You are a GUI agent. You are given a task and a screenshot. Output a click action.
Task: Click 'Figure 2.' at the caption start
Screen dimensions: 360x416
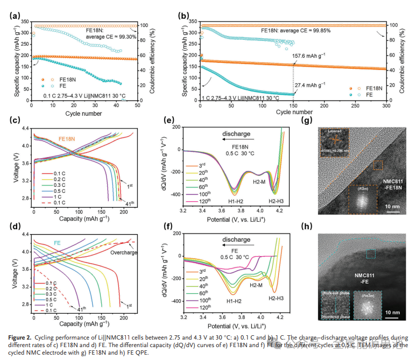point(22,338)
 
